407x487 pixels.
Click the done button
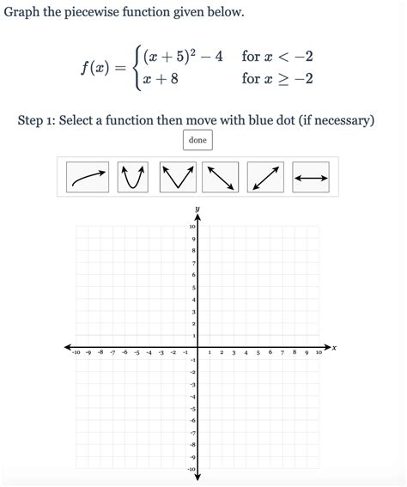(x=197, y=140)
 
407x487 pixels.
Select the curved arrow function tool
(x=88, y=178)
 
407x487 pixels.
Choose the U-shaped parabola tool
(x=132, y=178)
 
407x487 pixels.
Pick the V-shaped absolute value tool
(x=178, y=178)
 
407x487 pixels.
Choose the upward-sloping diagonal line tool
(x=265, y=178)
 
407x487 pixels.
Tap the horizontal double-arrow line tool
(x=310, y=178)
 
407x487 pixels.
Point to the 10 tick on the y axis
(x=192, y=226)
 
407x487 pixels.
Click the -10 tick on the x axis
(x=76, y=353)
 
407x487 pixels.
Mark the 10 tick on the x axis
(x=319, y=353)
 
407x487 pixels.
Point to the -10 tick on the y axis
(x=191, y=469)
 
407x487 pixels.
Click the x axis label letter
(x=334, y=348)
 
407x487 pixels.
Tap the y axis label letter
(x=197, y=209)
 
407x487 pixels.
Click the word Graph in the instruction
(x=25, y=13)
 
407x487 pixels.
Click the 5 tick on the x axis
(x=258, y=353)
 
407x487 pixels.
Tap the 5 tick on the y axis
(x=192, y=287)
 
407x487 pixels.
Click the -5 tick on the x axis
(x=137, y=353)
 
